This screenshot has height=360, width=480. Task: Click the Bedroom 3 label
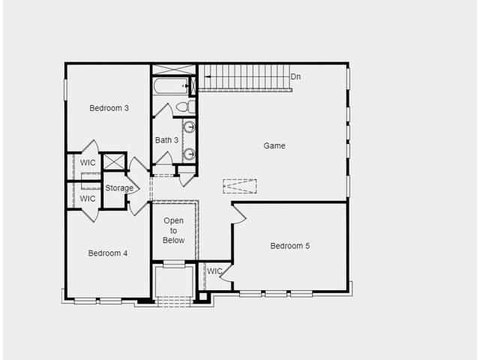pos(109,108)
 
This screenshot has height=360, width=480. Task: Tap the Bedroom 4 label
pos(108,253)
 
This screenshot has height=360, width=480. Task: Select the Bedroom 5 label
pos(290,246)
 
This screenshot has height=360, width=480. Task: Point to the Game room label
pos(274,145)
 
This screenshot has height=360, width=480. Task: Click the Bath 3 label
pos(166,140)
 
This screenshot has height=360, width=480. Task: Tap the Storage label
pos(119,188)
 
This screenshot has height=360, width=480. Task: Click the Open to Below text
pos(173,230)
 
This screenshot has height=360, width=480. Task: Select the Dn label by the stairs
pos(295,76)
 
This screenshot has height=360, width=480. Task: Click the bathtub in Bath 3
pos(171,86)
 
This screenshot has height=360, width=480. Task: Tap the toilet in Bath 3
pos(185,106)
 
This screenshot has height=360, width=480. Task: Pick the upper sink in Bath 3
pos(190,127)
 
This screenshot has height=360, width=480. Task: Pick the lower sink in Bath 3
pos(190,153)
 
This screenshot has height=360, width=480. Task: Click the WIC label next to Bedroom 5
pos(214,271)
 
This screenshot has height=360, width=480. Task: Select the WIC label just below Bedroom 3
pos(88,163)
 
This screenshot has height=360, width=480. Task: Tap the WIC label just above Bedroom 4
pos(88,199)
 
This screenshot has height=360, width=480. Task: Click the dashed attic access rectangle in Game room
pos(240,187)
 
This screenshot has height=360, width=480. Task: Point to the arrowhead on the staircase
pos(208,76)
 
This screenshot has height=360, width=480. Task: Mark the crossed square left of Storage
pos(114,162)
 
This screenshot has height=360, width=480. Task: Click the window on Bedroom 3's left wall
pos(65,90)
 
